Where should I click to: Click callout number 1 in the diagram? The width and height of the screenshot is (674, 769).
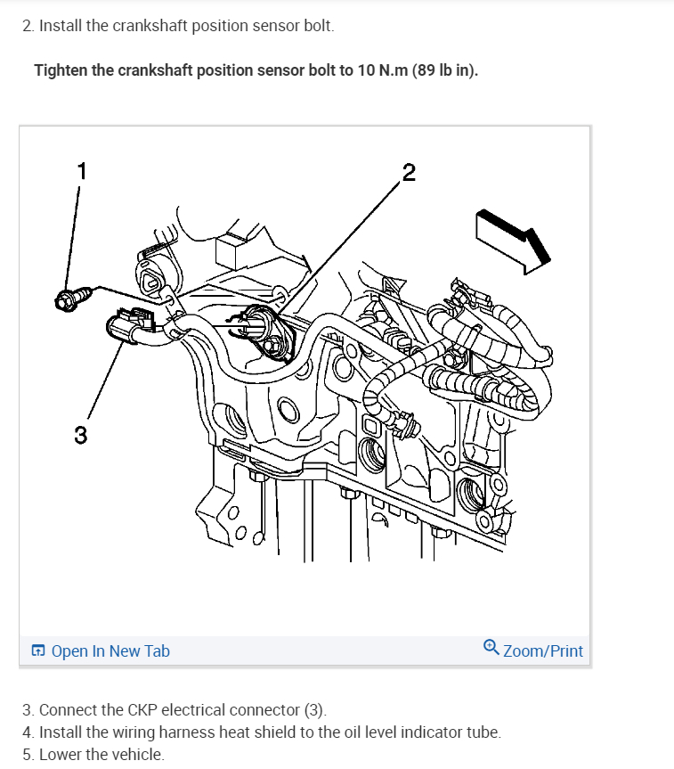[81, 171]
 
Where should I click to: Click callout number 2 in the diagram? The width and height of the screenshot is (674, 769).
[409, 172]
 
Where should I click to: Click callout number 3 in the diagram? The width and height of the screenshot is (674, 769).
[81, 435]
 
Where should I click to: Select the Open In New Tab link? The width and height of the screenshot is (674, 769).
[110, 651]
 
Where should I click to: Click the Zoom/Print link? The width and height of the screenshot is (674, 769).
[542, 651]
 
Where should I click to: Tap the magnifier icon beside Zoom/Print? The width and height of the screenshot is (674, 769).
[491, 649]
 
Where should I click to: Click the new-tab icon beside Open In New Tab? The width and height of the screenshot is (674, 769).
[38, 651]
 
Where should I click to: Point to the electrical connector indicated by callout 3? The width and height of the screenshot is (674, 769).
[126, 328]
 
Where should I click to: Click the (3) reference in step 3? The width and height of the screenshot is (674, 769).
[316, 710]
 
